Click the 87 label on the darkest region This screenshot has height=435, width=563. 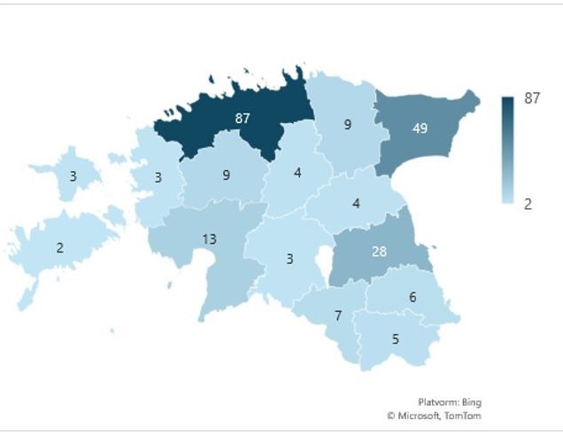click(x=243, y=118)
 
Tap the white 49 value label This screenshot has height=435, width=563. click(x=420, y=128)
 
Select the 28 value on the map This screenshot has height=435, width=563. click(x=379, y=252)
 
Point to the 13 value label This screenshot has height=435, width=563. click(x=209, y=238)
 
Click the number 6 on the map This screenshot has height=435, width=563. click(x=413, y=298)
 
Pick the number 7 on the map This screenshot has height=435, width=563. click(x=338, y=316)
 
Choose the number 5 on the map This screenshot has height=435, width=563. click(x=395, y=338)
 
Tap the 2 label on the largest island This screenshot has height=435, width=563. click(x=60, y=248)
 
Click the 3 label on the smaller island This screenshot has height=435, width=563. click(x=73, y=176)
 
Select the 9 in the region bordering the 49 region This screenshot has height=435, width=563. click(x=348, y=125)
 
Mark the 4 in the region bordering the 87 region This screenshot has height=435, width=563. click(x=297, y=173)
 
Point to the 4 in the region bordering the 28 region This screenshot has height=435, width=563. click(x=356, y=203)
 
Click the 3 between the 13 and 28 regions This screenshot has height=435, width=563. click(x=289, y=259)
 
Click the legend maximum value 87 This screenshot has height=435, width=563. click(x=532, y=98)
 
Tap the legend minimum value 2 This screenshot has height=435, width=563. click(x=528, y=204)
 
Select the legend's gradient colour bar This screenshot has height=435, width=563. click(x=508, y=151)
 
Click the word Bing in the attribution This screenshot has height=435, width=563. click(x=470, y=401)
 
